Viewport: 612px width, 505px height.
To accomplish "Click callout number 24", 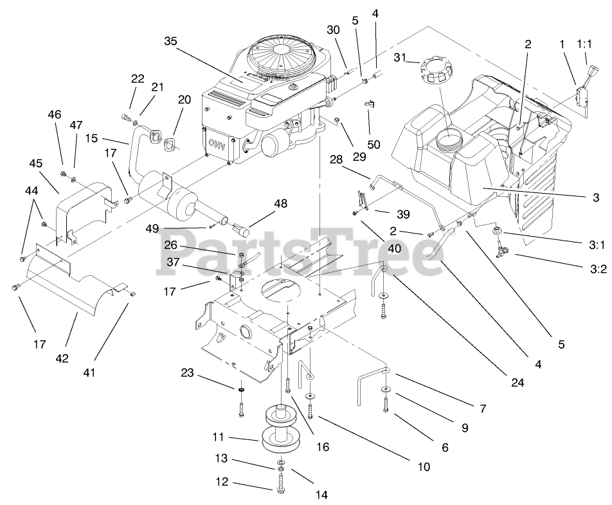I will pos(518,381).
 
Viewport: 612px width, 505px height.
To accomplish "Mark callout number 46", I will pos(54,115).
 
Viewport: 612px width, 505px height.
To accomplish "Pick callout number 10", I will pos(423,466).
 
